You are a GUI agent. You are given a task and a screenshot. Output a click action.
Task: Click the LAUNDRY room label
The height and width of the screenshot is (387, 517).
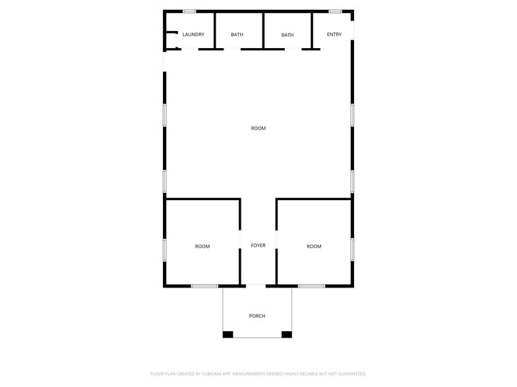click(193, 34)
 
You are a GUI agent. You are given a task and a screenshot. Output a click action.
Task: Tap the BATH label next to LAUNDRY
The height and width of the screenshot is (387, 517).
click(237, 34)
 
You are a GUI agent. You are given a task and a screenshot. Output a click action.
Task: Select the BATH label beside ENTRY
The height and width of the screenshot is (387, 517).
click(288, 35)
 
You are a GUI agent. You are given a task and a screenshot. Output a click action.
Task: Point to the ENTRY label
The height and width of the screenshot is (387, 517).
click(334, 34)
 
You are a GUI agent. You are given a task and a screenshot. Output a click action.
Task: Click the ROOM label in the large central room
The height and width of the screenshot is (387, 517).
click(258, 128)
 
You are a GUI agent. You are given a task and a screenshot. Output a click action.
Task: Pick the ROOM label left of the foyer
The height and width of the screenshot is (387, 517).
click(202, 246)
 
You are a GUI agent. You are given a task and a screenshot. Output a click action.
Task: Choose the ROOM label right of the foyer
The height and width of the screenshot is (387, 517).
click(314, 246)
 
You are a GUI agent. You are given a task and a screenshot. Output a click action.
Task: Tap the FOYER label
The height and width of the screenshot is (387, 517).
click(258, 245)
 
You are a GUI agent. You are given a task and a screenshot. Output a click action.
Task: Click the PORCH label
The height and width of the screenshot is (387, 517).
click(257, 316)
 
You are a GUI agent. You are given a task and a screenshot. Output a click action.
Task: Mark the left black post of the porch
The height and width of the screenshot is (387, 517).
click(228, 334)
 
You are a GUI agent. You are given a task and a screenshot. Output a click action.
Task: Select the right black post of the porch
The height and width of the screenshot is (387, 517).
click(287, 334)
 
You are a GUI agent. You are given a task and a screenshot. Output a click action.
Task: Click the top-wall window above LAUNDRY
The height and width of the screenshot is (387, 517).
click(189, 11)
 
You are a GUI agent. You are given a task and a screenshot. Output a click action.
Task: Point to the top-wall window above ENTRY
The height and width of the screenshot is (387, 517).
click(335, 11)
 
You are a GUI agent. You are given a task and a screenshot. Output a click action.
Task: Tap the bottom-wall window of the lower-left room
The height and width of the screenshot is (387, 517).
click(204, 286)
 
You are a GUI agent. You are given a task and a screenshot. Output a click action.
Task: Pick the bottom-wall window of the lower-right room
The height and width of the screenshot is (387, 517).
click(311, 286)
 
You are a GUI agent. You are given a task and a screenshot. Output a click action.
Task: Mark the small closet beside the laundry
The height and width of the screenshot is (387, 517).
click(170, 40)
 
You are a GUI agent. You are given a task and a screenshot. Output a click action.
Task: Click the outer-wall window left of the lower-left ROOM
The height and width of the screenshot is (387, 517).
click(165, 249)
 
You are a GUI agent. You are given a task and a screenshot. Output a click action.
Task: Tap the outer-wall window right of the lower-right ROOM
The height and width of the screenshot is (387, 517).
click(353, 249)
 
